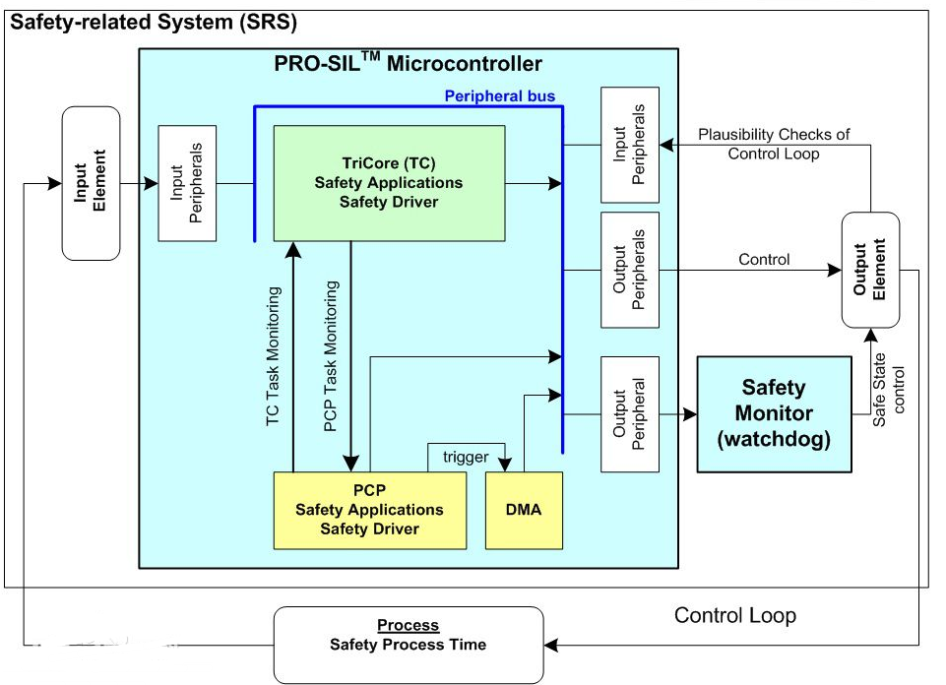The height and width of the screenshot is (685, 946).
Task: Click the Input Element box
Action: point(91,183)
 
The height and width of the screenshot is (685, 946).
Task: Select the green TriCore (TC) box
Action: point(389,182)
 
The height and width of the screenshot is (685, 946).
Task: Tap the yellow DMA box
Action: point(524,510)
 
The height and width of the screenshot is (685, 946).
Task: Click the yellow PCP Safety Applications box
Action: point(369,510)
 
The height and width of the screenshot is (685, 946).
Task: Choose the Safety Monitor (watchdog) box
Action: point(774,414)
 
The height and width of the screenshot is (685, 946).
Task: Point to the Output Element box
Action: point(871,270)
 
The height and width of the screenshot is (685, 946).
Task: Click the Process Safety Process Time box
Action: point(409,645)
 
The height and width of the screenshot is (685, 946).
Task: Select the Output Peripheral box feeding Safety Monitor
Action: point(630,414)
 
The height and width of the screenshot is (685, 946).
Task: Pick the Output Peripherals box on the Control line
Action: point(630,270)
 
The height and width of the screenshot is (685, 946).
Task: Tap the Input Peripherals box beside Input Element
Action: point(187,183)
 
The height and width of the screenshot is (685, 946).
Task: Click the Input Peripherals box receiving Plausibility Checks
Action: point(630,145)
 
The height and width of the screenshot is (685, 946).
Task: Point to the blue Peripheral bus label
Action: point(500,95)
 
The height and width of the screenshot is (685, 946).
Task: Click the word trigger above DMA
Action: point(466,458)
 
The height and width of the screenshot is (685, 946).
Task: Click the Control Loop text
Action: point(734,616)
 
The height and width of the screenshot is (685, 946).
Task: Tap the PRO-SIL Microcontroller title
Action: point(408,65)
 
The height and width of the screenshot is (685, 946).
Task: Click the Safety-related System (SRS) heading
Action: point(153,21)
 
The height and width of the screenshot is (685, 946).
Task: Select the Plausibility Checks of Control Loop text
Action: point(773,144)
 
